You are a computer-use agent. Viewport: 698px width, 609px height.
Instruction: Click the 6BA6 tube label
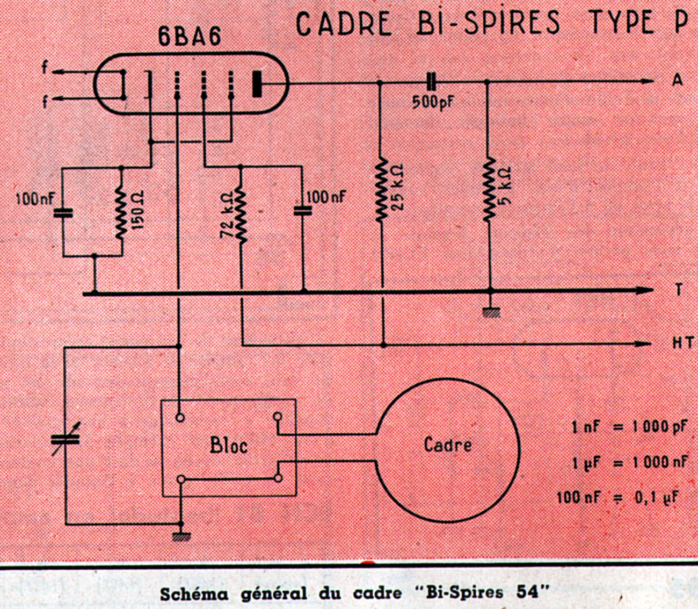(x=189, y=37)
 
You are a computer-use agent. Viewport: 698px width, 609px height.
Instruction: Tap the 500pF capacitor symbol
(x=431, y=82)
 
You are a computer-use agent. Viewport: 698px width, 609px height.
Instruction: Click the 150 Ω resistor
(x=121, y=212)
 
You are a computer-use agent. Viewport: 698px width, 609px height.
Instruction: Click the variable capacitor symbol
(x=66, y=438)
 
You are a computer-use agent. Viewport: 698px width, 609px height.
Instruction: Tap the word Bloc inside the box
(x=229, y=445)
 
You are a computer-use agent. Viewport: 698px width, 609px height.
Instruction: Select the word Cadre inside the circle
(x=448, y=445)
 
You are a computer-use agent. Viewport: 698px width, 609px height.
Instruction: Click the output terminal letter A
(x=678, y=80)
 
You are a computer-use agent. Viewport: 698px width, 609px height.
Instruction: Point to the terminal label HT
(x=683, y=342)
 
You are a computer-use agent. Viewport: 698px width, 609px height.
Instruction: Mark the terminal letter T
(x=679, y=290)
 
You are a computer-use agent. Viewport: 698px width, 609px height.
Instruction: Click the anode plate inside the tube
(x=258, y=84)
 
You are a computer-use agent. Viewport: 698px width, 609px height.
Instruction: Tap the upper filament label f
(x=46, y=69)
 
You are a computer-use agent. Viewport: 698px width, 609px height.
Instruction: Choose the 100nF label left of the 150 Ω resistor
(x=35, y=199)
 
